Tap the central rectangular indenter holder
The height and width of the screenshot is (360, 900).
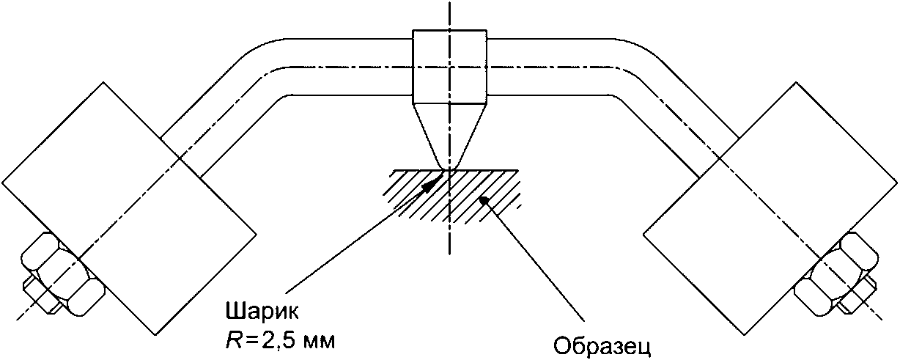(x=449, y=67)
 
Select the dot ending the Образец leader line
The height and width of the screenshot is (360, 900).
(x=483, y=199)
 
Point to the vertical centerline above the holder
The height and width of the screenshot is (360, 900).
(x=449, y=15)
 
